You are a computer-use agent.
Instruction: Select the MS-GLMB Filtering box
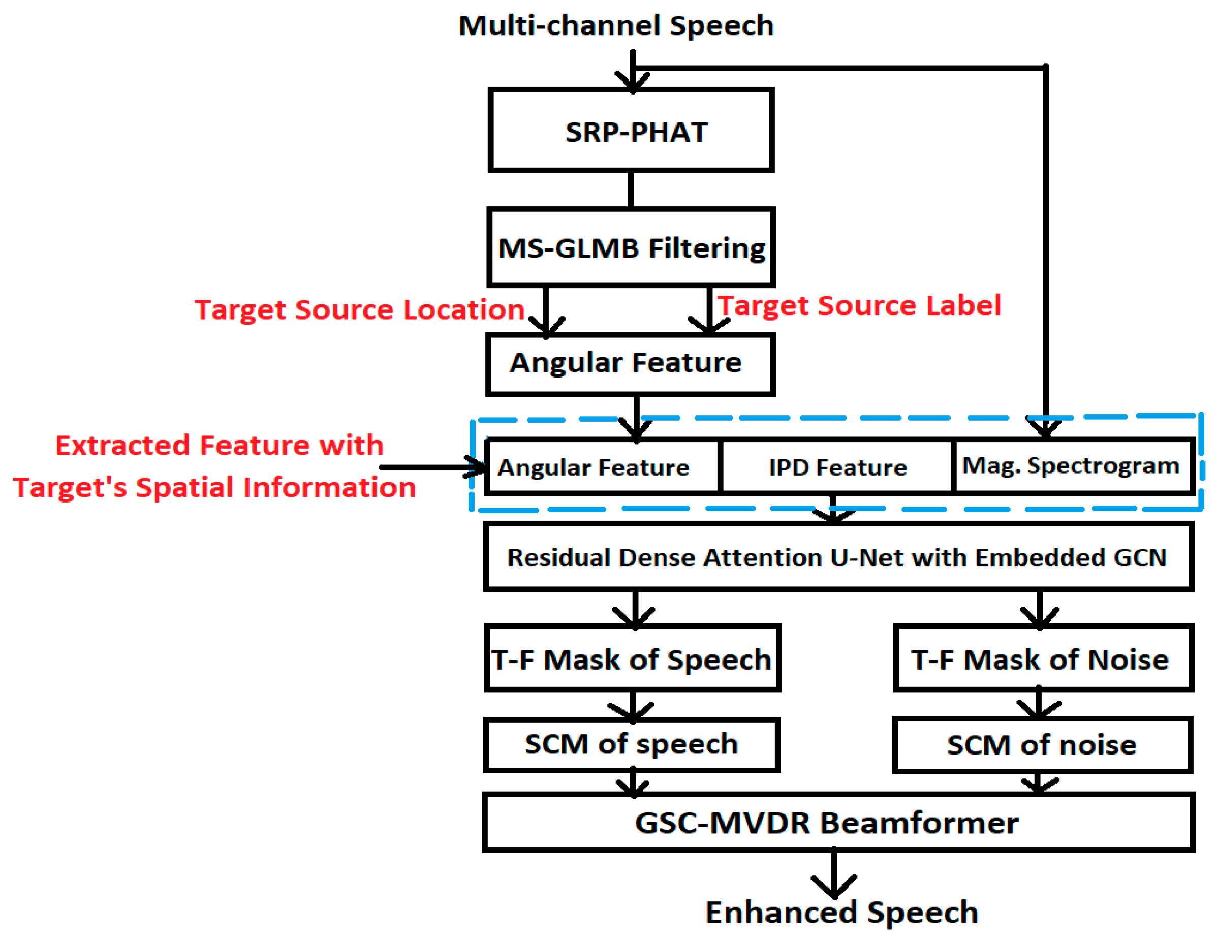(x=631, y=247)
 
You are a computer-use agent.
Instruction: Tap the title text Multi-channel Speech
(x=616, y=25)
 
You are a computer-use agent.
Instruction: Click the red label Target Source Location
(x=359, y=309)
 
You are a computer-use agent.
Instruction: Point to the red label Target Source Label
(x=859, y=305)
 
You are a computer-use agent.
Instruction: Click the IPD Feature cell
(x=837, y=467)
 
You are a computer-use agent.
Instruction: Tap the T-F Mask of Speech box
(x=632, y=659)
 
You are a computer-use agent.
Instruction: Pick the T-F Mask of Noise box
(x=1042, y=659)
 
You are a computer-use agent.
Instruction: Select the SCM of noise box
(x=1041, y=745)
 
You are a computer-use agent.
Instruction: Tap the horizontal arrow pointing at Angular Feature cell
(x=429, y=467)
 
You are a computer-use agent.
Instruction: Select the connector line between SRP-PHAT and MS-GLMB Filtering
(x=630, y=190)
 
